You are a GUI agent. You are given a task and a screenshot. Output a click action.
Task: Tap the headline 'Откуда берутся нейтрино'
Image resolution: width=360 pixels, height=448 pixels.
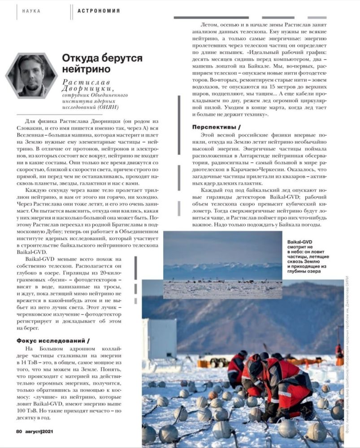(x=102, y=64)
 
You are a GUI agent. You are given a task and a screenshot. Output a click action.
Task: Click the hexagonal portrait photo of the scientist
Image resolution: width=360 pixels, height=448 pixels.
(x=31, y=75)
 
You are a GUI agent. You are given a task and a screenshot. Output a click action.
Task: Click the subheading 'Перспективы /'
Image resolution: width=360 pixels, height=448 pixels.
(x=215, y=126)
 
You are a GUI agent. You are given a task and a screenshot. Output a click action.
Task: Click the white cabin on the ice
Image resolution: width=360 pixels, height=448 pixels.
(x=159, y=338)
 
